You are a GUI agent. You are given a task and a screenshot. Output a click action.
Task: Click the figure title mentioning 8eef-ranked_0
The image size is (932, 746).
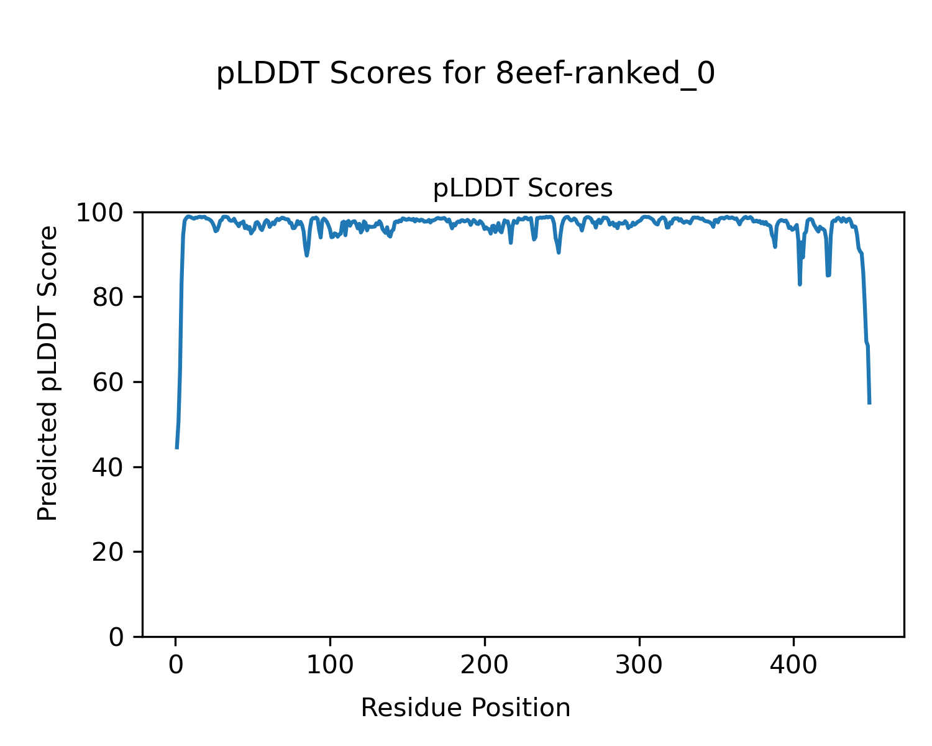pyautogui.click(x=465, y=74)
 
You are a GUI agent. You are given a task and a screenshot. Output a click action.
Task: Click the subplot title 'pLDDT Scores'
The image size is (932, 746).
pyautogui.click(x=523, y=188)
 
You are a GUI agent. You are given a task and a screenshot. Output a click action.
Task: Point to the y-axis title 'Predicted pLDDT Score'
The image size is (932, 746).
pyautogui.click(x=48, y=373)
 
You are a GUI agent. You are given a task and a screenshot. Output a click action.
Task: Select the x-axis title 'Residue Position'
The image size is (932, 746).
pyautogui.click(x=465, y=708)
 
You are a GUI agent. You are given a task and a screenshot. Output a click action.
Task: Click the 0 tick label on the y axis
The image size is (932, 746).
pyautogui.click(x=117, y=637)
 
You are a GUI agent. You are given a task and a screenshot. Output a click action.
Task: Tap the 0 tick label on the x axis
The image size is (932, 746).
pyautogui.click(x=176, y=664)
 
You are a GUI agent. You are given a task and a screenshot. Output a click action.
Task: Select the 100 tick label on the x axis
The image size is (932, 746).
pyautogui.click(x=330, y=664)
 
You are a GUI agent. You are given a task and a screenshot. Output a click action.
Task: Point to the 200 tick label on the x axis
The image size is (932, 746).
pyautogui.click(x=485, y=664)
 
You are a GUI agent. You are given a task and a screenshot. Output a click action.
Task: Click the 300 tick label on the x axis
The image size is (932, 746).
pyautogui.click(x=639, y=664)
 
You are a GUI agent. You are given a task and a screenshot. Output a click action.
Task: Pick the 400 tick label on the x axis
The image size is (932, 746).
pyautogui.click(x=793, y=664)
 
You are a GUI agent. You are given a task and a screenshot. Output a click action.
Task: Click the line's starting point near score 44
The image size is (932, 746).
pyautogui.click(x=177, y=448)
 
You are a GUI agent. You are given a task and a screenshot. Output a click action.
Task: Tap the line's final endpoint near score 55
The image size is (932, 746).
pyautogui.click(x=869, y=403)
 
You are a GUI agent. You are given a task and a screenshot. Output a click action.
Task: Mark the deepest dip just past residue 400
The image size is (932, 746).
pyautogui.click(x=800, y=284)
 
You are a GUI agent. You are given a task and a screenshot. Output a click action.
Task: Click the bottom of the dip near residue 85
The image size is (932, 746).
pyautogui.click(x=307, y=256)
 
